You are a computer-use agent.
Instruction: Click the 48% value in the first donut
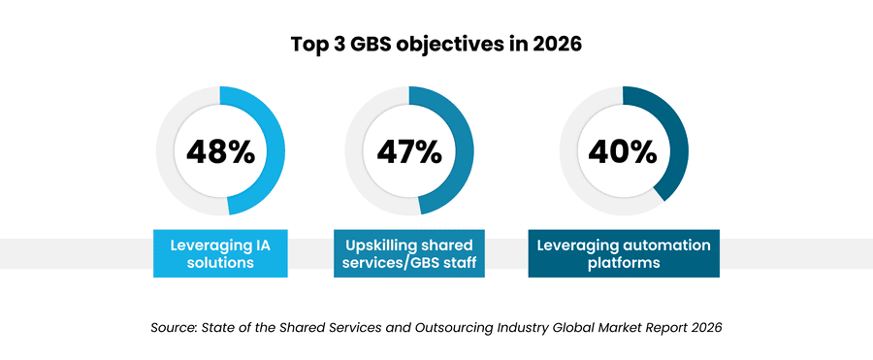[220, 151]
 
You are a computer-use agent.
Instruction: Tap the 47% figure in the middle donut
[408, 151]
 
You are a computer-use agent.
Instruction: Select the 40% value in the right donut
[623, 151]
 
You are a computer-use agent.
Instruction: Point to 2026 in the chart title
[555, 45]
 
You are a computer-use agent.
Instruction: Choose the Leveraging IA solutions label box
[219, 253]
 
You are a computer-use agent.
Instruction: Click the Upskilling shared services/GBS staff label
[407, 253]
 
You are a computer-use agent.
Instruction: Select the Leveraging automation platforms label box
[624, 253]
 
